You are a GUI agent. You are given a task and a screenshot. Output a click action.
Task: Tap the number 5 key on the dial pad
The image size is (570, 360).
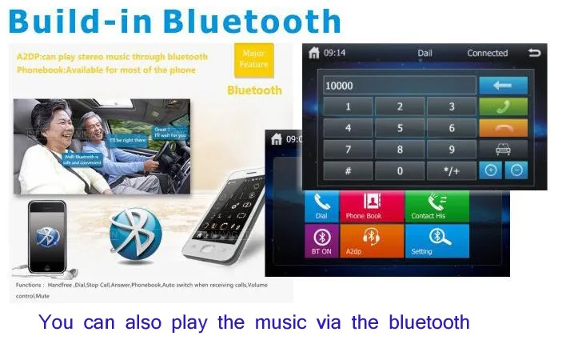[x=400, y=128]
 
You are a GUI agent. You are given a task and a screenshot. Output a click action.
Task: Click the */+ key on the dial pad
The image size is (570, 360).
[x=451, y=170]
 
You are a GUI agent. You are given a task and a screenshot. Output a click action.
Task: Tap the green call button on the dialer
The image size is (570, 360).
[x=503, y=106]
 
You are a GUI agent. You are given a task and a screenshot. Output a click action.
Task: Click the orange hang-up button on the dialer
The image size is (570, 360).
[x=503, y=128]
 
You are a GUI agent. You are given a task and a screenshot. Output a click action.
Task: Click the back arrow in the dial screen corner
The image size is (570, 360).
[x=534, y=53]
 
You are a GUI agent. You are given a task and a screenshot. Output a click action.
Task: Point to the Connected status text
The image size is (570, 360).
[x=487, y=54]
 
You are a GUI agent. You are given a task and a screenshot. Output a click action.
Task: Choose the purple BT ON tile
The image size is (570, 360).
[x=321, y=241]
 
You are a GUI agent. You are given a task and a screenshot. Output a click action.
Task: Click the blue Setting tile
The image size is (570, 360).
[x=436, y=241]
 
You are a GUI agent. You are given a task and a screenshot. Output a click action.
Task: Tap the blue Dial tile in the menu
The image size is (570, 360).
[x=321, y=206]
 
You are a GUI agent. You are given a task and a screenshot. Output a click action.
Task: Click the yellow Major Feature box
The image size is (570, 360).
[x=253, y=60]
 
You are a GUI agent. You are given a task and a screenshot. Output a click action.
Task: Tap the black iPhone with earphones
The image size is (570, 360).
[x=47, y=238]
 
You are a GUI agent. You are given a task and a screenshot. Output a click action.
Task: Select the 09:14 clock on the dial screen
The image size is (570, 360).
[x=335, y=54]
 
